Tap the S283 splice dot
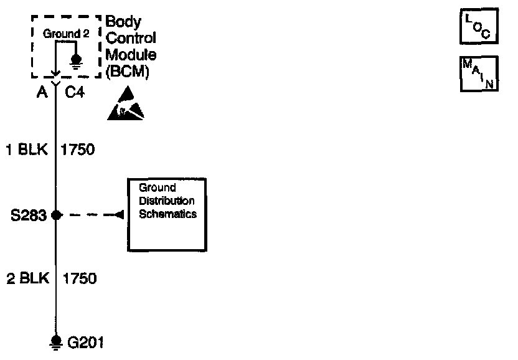click(x=56, y=215)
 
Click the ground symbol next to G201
click(x=56, y=342)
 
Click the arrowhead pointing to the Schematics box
click(x=116, y=215)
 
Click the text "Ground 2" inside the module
click(x=62, y=34)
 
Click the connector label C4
click(x=75, y=93)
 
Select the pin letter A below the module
click(x=42, y=93)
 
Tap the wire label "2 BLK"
click(x=27, y=278)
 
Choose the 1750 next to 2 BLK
click(x=79, y=278)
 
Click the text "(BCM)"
click(x=128, y=71)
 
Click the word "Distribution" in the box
click(x=167, y=201)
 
